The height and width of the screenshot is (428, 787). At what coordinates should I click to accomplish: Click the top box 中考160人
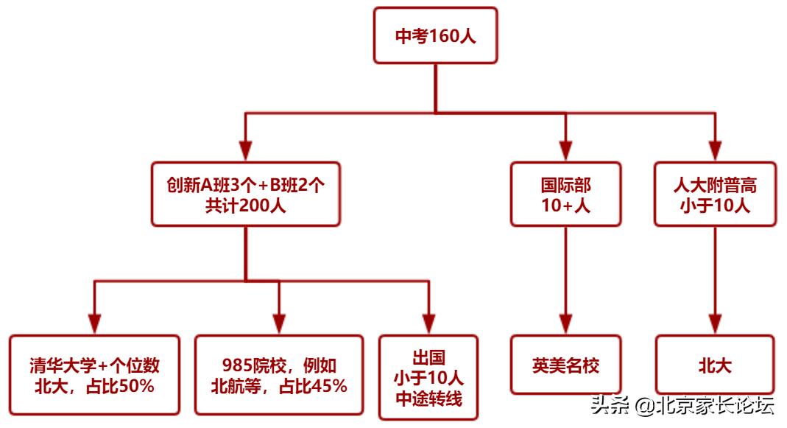click(x=435, y=36)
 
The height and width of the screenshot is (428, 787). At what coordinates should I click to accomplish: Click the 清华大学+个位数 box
click(x=94, y=375)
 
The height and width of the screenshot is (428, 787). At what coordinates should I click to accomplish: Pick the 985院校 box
click(x=279, y=375)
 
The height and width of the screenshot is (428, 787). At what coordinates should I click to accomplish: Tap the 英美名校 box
click(x=565, y=365)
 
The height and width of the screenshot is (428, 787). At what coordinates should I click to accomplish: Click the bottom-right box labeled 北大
click(x=715, y=365)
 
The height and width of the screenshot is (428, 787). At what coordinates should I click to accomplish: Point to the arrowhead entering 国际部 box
click(x=565, y=150)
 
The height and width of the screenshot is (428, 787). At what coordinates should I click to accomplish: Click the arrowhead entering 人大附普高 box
click(x=715, y=150)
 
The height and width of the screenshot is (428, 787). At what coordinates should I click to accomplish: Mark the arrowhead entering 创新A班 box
click(x=245, y=150)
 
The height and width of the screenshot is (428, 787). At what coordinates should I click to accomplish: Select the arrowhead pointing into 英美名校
click(x=565, y=324)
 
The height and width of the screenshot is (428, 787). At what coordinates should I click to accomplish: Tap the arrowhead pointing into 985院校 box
click(x=279, y=324)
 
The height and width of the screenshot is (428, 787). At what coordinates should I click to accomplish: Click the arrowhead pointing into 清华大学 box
click(x=94, y=324)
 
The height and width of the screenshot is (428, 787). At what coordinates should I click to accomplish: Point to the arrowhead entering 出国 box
click(x=428, y=324)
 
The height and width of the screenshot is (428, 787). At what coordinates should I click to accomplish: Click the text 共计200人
click(x=245, y=206)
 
